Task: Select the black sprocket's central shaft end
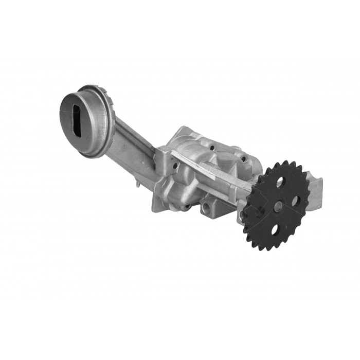[278, 206]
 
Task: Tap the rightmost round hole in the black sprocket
[297, 201]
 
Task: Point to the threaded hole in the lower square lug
[207, 208]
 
